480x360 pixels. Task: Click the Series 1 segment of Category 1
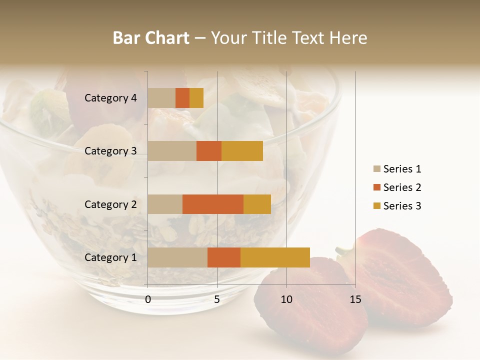[177, 257]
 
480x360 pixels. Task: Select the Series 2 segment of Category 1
[224, 257]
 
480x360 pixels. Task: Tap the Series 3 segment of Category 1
[275, 257]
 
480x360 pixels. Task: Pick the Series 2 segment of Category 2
[213, 204]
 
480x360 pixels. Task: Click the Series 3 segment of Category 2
[257, 204]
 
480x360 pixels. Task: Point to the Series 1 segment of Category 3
[172, 151]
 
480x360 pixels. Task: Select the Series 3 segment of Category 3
[242, 151]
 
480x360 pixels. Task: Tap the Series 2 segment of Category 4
[182, 98]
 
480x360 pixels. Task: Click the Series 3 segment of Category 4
[196, 98]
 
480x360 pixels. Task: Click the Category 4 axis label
[110, 98]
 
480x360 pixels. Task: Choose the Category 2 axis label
[110, 204]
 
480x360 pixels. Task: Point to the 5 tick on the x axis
[217, 299]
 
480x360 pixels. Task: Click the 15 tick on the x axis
[355, 299]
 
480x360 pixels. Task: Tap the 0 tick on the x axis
[148, 299]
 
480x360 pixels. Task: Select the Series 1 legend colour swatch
[377, 169]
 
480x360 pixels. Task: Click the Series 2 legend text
[402, 187]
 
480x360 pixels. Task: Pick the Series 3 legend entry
[397, 206]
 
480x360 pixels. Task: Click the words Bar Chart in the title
[151, 38]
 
